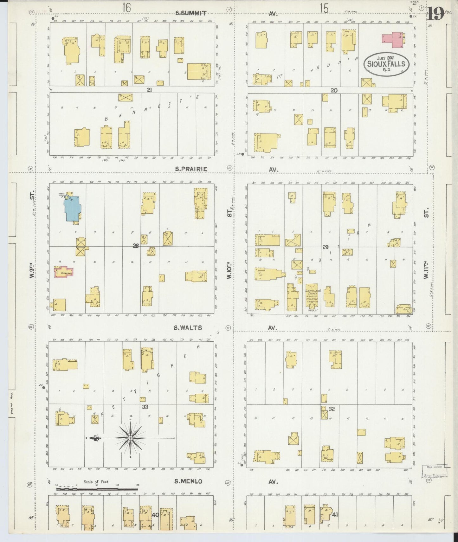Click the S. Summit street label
[x=191, y=13]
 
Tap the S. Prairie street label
[x=191, y=169]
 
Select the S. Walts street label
[x=188, y=328]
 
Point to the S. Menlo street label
[x=188, y=481]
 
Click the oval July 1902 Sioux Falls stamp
[x=386, y=63]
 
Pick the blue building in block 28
[x=72, y=208]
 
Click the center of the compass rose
[x=130, y=438]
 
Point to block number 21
[x=149, y=90]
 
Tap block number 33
[x=145, y=407]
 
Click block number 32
[x=332, y=409]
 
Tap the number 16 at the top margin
[x=126, y=8]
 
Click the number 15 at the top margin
[x=324, y=8]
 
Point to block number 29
[x=325, y=247]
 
